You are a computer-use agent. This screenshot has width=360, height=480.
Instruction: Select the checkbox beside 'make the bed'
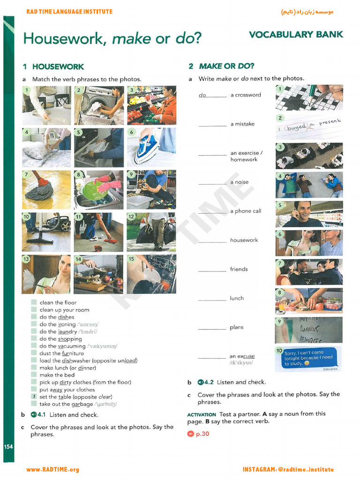pos(34,375)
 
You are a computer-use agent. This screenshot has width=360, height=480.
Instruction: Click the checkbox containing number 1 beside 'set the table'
pos(34,397)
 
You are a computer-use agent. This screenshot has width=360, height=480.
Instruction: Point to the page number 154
pos(8,447)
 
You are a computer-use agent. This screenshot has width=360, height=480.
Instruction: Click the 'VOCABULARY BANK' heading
pos(296,34)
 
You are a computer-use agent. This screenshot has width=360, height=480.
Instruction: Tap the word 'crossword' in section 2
pos(248,95)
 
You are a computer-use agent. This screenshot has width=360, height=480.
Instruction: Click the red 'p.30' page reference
pos(202,434)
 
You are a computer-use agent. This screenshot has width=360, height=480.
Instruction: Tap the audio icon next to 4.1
pos(33,415)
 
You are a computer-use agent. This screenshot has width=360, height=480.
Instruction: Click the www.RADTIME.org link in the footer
pos(52,470)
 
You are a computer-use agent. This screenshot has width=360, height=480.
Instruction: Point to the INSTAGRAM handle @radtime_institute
pos(288,470)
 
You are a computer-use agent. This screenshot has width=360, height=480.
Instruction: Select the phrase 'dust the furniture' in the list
pos(62,353)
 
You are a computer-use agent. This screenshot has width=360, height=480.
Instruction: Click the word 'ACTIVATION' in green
pos(202,415)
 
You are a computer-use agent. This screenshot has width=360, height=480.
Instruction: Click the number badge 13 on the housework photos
pos(26,259)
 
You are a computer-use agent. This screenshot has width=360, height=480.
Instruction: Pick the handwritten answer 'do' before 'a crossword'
pos(202,95)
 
